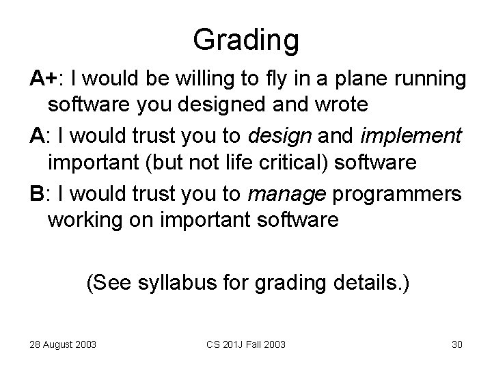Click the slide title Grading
[x=245, y=40]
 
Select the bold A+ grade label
[x=42, y=81]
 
